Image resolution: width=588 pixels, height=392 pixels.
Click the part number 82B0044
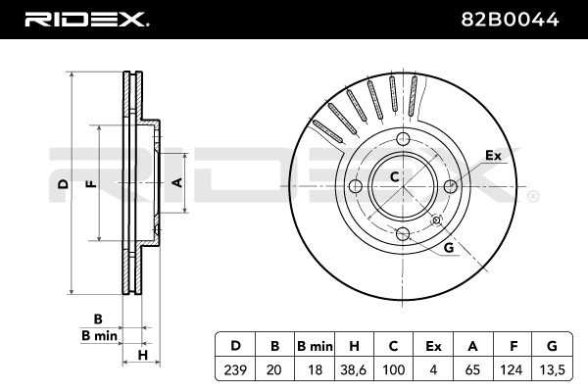519,18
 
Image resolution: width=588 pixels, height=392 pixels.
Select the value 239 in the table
235,369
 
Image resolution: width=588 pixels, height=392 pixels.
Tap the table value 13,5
552,369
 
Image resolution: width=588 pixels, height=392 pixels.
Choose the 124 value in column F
513,369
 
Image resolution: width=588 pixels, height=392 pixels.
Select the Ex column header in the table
432,346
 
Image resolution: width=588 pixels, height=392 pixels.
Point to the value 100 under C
393,369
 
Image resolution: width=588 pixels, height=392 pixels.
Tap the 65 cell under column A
472,369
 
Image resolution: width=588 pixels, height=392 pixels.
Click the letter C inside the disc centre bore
394,177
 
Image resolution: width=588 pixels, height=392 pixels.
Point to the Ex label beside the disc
493,155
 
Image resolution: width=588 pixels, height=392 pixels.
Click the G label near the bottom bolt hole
448,248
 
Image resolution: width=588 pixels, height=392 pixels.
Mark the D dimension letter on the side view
62,183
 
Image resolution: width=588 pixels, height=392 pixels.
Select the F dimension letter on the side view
90,183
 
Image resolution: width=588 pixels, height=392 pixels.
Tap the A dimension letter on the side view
176,182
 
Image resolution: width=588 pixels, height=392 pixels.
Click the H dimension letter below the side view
143,354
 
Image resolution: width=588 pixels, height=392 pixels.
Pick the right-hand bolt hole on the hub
451,184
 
